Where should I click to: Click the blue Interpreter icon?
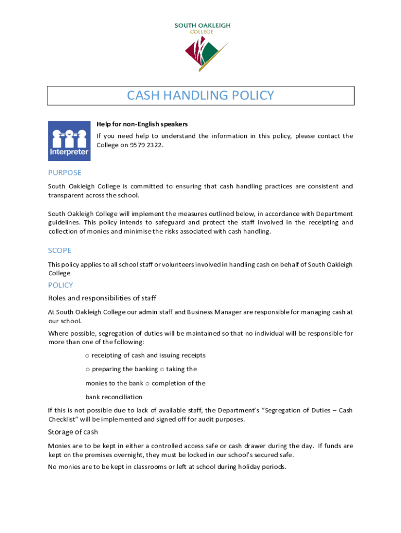pyautogui.click(x=69, y=141)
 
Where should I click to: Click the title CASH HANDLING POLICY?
pyautogui.click(x=200, y=96)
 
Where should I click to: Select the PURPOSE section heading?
pyautogui.click(x=65, y=172)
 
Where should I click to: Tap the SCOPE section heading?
pyautogui.click(x=59, y=250)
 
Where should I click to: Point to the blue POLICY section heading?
pyautogui.click(x=60, y=285)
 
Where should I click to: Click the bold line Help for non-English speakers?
pyautogui.click(x=142, y=124)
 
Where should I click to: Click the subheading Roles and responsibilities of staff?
pyautogui.click(x=102, y=298)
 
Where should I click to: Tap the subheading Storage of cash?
pyautogui.click(x=73, y=432)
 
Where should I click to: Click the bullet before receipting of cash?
pyautogui.click(x=87, y=356)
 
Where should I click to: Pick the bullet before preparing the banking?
pyautogui.click(x=87, y=370)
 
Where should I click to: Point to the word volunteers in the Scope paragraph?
pyautogui.click(x=156, y=264)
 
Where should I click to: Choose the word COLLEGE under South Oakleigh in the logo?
pyautogui.click(x=202, y=31)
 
